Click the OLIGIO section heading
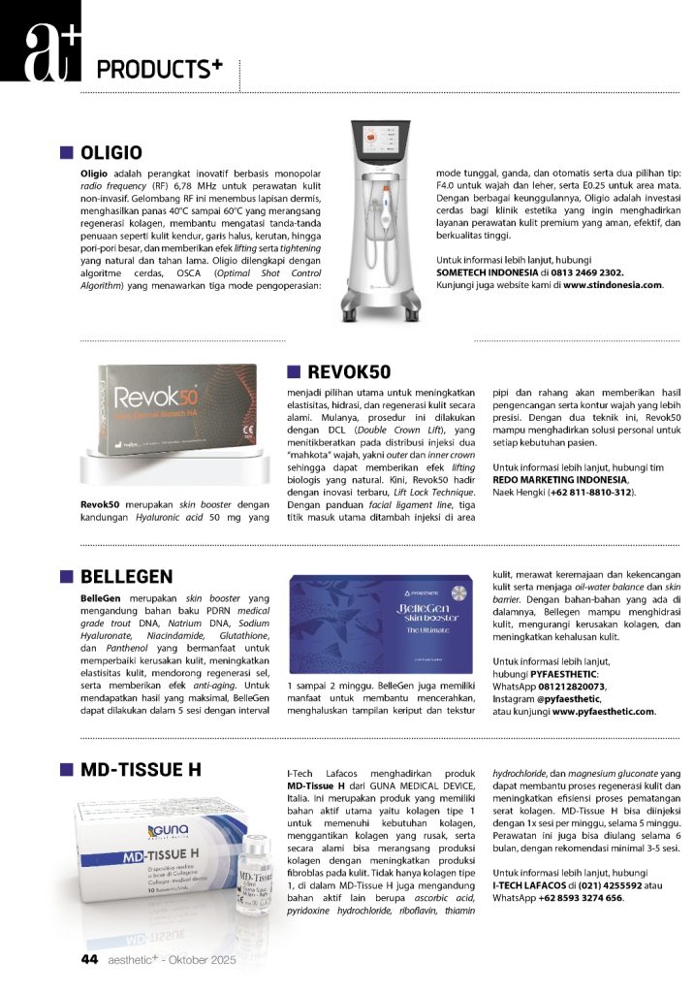(x=111, y=152)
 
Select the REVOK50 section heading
(x=349, y=372)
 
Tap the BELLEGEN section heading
(x=127, y=578)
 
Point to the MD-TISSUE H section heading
(x=141, y=770)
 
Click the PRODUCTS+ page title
(x=159, y=70)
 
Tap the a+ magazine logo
(x=40, y=40)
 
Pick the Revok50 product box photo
(x=171, y=407)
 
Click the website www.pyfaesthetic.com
(x=603, y=711)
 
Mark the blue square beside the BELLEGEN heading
(x=67, y=578)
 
